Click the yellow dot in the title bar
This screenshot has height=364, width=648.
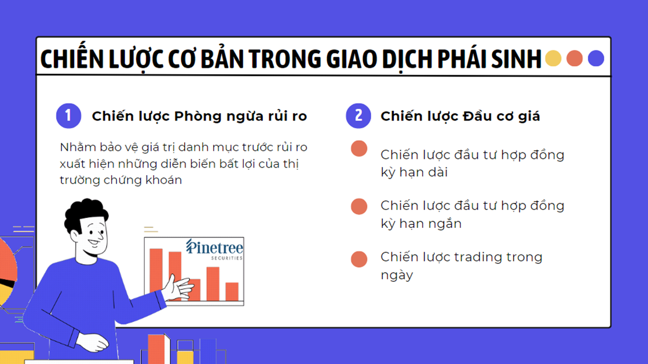[554, 59]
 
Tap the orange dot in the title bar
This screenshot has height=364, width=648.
[574, 59]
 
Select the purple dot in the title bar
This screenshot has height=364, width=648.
[596, 59]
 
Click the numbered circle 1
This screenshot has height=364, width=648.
[68, 116]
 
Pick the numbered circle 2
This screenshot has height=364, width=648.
[358, 116]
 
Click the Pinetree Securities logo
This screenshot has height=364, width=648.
[214, 249]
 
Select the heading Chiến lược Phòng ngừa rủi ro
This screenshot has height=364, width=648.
[199, 117]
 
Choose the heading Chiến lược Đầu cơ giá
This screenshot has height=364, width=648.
[460, 117]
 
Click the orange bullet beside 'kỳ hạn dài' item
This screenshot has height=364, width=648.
[359, 149]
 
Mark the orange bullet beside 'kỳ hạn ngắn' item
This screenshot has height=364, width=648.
[359, 206]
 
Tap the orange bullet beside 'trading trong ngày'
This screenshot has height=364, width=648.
[359, 259]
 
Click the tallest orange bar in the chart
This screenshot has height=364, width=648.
[156, 272]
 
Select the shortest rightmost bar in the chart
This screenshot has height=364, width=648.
[232, 291]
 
